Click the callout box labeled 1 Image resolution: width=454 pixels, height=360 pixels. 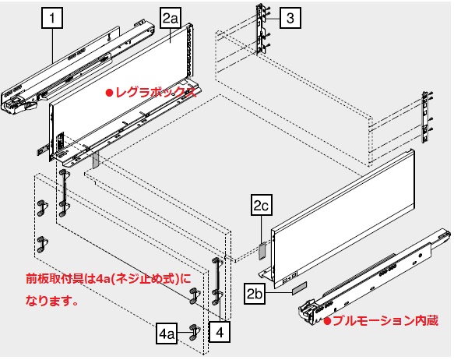click(x=52, y=18)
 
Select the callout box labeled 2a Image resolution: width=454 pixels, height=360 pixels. click(x=171, y=18)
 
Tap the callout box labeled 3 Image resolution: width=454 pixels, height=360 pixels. click(x=290, y=18)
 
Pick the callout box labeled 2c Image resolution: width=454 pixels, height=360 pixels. click(x=262, y=205)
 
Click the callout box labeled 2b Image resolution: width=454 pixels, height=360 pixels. click(x=255, y=294)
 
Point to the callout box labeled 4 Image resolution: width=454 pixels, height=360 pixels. click(x=220, y=332)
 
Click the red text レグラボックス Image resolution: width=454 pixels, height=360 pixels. click(x=156, y=93)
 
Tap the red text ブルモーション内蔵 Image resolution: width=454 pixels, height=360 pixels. click(x=385, y=321)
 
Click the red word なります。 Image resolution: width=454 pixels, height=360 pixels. click(x=52, y=301)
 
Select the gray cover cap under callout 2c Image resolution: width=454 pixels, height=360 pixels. click(x=262, y=252)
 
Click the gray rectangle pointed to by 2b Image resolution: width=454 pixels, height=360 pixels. click(x=299, y=288)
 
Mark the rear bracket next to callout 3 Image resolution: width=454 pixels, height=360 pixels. click(x=261, y=29)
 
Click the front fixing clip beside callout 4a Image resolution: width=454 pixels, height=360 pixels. click(x=195, y=333)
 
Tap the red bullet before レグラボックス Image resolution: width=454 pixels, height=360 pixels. click(x=109, y=93)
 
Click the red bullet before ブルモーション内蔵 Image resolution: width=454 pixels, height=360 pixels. click(x=327, y=321)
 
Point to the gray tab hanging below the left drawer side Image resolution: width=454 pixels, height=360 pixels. click(x=96, y=160)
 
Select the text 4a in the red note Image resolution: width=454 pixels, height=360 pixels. click(x=102, y=279)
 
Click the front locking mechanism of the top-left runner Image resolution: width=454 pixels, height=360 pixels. click(x=19, y=104)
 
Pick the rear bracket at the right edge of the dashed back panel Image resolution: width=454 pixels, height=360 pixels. click(x=425, y=117)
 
